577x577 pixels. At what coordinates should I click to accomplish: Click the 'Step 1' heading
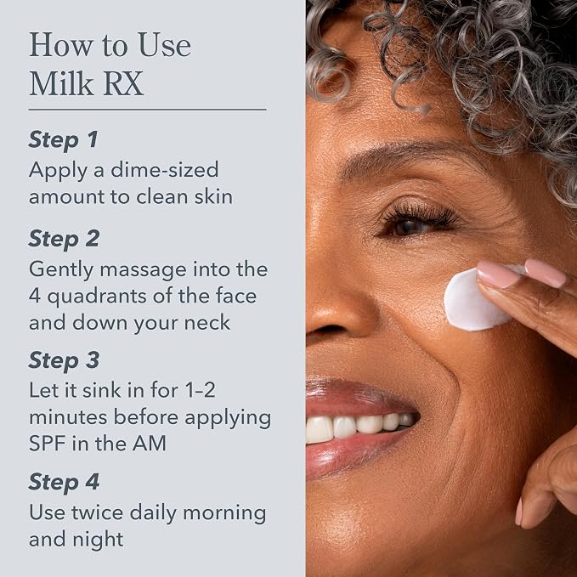pos(63,140)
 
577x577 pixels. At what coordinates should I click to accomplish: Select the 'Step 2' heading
pos(64,239)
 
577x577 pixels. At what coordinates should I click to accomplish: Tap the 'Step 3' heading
pos(64,360)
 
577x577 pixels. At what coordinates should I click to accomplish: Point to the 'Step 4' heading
pos(64,482)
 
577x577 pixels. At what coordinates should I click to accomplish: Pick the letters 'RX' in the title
pos(124,83)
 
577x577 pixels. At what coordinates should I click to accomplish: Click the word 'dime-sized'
pos(165,170)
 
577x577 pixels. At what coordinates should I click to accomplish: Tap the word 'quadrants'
pos(97,297)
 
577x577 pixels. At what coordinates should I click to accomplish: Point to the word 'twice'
pos(97,512)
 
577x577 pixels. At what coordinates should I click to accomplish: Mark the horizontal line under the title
pos(147,110)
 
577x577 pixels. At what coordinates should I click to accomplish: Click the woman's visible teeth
pos(363,427)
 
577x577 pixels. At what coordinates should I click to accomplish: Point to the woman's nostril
pos(325,329)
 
